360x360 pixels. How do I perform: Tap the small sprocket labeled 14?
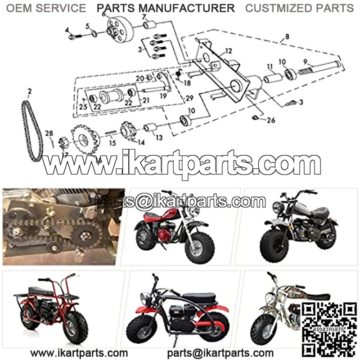(129, 131)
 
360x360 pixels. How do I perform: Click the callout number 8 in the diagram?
(287, 36)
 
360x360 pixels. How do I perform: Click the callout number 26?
(271, 120)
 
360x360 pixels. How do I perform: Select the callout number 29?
(189, 98)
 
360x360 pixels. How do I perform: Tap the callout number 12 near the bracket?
(229, 51)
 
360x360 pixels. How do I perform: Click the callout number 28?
(49, 133)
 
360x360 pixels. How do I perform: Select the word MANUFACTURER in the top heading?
(187, 8)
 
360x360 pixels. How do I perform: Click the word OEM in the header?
(19, 8)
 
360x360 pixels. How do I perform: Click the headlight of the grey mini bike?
(278, 208)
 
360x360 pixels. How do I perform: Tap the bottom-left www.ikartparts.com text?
(79, 353)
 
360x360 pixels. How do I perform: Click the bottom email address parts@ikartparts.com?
(220, 353)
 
